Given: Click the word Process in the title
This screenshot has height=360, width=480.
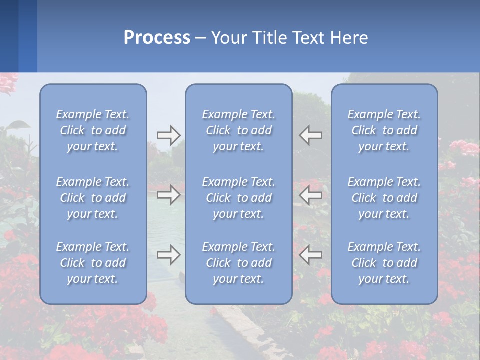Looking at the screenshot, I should tap(157, 38).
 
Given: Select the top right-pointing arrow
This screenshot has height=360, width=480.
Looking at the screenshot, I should tap(168, 135).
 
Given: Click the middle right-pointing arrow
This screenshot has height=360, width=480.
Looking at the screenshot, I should tap(168, 195).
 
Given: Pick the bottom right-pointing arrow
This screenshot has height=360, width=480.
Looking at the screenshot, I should tap(168, 255).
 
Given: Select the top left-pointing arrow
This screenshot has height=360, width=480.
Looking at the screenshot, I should tap(310, 135).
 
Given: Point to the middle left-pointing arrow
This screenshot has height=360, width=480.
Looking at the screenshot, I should tap(310, 195).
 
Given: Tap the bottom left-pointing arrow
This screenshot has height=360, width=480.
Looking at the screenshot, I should tap(310, 255).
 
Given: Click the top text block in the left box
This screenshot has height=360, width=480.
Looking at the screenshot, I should tap(93, 130).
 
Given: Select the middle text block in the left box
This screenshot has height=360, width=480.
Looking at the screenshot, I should tap(93, 198).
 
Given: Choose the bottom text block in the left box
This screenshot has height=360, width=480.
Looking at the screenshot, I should tap(93, 263).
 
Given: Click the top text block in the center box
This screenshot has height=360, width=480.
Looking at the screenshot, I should tap(238, 130).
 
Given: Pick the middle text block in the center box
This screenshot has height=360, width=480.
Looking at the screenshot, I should tap(238, 198).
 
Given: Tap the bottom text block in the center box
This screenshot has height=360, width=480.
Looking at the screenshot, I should tap(238, 263).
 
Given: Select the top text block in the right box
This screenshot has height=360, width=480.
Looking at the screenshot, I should tap(384, 130).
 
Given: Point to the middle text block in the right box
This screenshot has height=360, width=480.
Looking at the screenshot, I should tap(384, 198).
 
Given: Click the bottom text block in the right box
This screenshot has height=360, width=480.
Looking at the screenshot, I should tap(384, 263).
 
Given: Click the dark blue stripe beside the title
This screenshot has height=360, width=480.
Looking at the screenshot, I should tap(9, 36).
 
